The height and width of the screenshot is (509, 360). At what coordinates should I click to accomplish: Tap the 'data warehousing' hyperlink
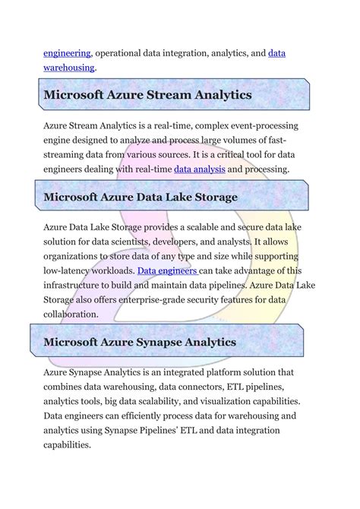click(277, 53)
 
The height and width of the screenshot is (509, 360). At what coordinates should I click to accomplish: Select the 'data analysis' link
click(200, 169)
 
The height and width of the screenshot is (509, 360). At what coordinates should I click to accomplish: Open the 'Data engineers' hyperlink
click(167, 270)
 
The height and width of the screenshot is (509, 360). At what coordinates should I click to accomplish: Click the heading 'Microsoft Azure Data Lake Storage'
click(141, 197)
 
